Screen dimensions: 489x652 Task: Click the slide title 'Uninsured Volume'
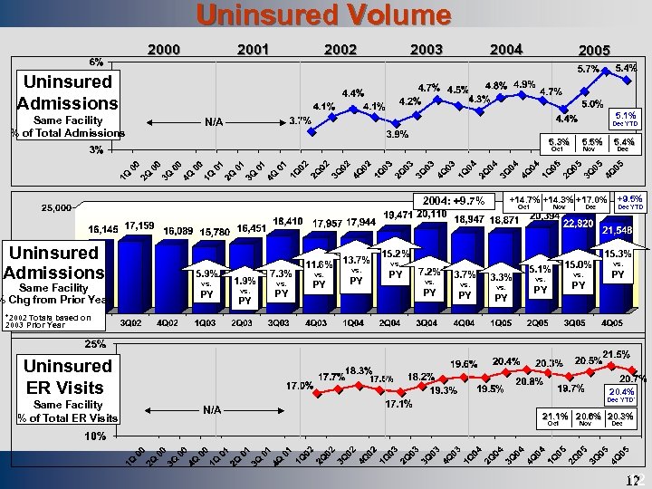[x=324, y=15]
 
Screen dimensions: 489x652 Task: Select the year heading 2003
[x=427, y=49]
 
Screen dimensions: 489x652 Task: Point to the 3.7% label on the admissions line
[x=300, y=120]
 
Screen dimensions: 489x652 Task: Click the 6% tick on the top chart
[x=95, y=62]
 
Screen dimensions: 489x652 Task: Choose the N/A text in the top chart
[x=214, y=121]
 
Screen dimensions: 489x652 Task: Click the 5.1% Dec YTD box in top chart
[x=625, y=118]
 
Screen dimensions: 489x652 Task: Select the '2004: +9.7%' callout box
[x=453, y=200]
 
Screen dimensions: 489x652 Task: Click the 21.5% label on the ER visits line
[x=616, y=352]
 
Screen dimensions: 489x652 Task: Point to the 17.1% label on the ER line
[x=399, y=404]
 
